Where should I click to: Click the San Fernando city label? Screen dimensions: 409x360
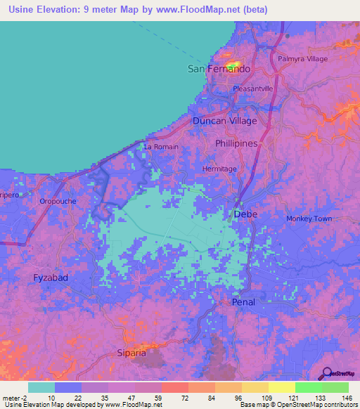pyautogui.click(x=219, y=69)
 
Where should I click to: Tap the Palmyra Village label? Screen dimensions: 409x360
pyautogui.click(x=303, y=59)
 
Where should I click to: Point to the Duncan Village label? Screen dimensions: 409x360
pyautogui.click(x=225, y=121)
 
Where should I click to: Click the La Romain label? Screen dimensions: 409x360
pyautogui.click(x=161, y=147)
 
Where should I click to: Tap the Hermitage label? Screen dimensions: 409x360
pyautogui.click(x=219, y=169)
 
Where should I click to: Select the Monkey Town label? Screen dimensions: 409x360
pyautogui.click(x=309, y=219)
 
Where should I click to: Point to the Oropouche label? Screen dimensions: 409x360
pyautogui.click(x=58, y=201)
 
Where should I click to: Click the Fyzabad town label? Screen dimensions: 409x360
pyautogui.click(x=51, y=278)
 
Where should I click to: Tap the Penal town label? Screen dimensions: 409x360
pyautogui.click(x=243, y=301)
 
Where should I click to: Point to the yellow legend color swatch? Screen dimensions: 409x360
pyautogui.click(x=281, y=388)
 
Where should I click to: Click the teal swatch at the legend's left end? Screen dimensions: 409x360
pyautogui.click(x=41, y=388)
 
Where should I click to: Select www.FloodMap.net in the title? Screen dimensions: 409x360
pyautogui.click(x=181, y=9)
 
